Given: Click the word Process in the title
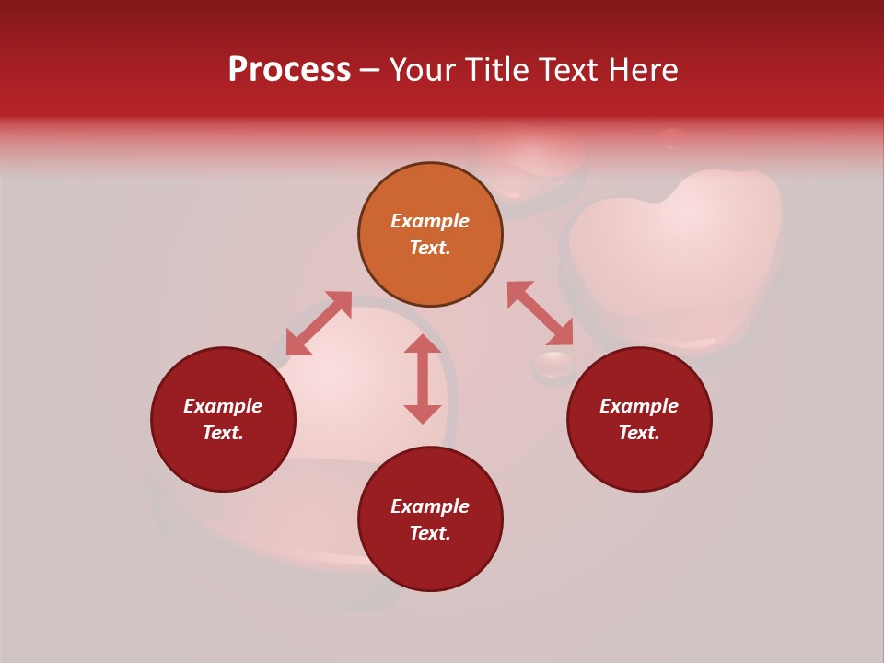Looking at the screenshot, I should (289, 70).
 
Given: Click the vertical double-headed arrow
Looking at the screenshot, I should (423, 378).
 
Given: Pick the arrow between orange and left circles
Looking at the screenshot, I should (319, 322).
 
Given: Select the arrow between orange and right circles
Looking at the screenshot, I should (541, 313).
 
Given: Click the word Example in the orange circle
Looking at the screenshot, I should (430, 221).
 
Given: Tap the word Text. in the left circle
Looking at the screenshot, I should (223, 433).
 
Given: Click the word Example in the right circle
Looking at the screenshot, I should (639, 406).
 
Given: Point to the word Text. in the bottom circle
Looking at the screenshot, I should (430, 533).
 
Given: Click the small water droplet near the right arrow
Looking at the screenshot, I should (553, 366).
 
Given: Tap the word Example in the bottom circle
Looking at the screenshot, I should (430, 506).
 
